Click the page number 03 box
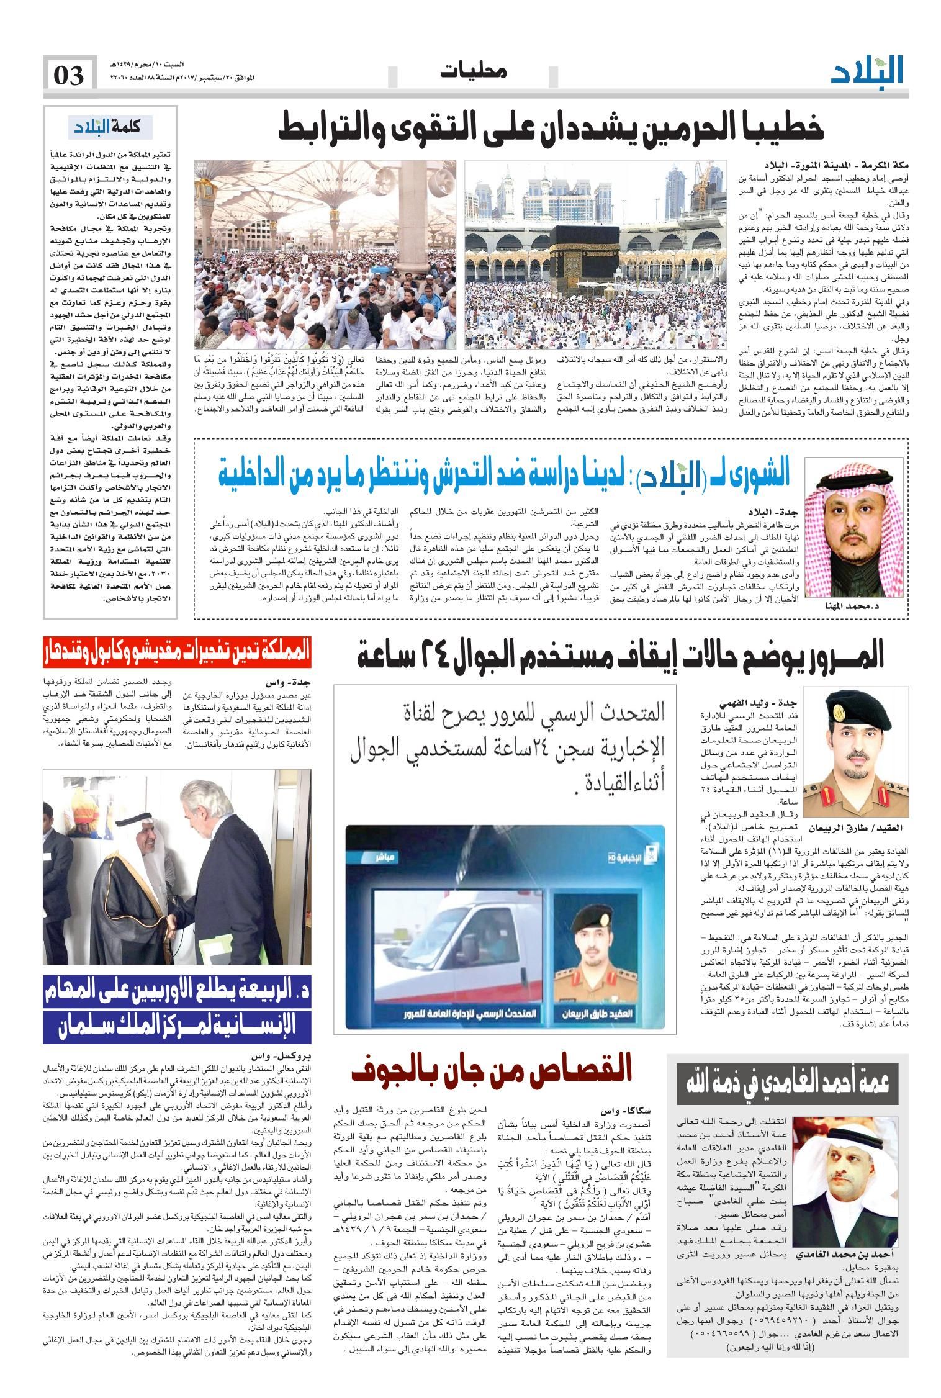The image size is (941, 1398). tap(70, 75)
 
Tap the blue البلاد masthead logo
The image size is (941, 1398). tap(867, 71)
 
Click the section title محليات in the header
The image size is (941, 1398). tap(473, 71)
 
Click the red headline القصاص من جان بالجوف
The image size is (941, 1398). tap(491, 1070)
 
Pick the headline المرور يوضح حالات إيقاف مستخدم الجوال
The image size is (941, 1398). tap(621, 656)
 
